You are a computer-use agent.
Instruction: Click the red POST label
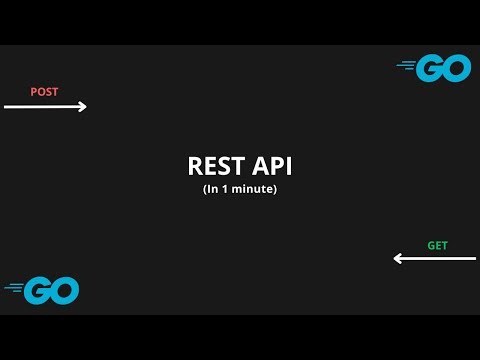(x=44, y=92)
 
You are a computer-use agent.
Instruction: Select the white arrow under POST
(x=45, y=107)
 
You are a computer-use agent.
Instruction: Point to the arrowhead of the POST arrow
(x=84, y=107)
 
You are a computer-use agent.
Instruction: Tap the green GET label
(x=437, y=245)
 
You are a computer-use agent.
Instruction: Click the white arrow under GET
(x=434, y=258)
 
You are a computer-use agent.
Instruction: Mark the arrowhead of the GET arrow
(x=397, y=258)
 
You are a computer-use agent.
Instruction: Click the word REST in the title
(x=211, y=166)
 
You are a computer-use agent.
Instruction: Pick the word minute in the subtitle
(x=256, y=188)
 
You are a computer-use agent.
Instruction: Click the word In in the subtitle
(x=213, y=188)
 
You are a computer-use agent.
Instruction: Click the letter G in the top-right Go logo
(x=430, y=68)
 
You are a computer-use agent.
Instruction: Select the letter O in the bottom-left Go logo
(x=64, y=290)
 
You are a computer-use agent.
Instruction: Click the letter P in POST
(x=34, y=92)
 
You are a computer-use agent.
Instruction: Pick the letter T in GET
(x=444, y=245)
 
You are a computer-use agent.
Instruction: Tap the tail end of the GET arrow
(x=473, y=258)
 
